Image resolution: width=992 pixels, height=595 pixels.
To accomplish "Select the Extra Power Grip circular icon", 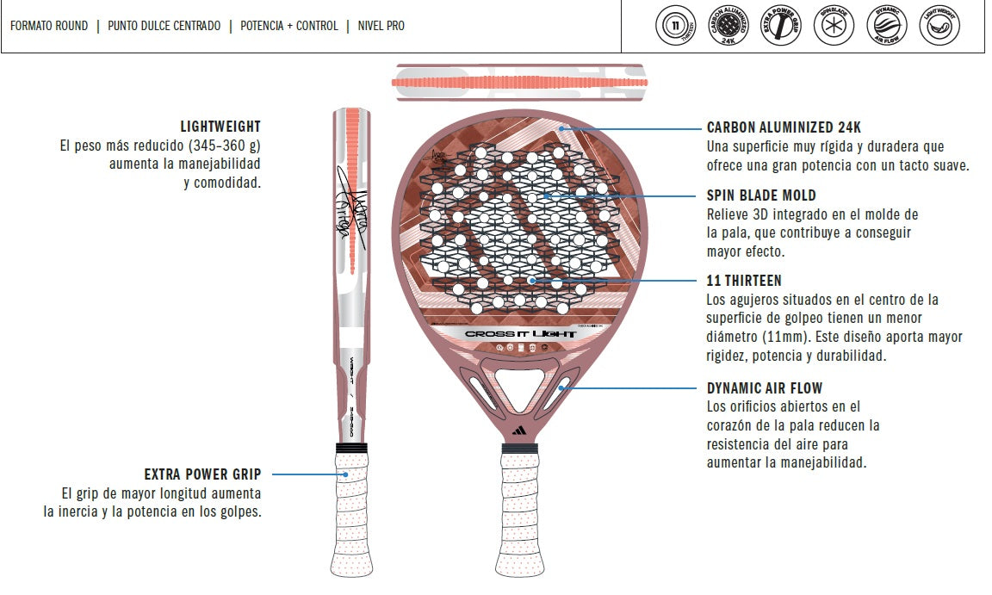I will (x=780, y=26).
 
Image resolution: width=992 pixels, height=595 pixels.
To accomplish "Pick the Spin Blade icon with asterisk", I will (x=834, y=26).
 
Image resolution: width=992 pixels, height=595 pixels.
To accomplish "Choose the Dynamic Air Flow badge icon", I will (x=886, y=26).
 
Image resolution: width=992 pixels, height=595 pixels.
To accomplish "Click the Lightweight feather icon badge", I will (x=939, y=26).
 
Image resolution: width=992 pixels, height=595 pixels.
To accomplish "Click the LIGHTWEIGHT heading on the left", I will (x=220, y=127).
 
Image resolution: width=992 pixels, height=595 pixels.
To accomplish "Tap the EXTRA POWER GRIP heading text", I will (x=202, y=474).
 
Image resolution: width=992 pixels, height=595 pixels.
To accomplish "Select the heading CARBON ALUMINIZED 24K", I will (x=783, y=127).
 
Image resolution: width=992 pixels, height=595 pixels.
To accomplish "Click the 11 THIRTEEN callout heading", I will (x=744, y=281).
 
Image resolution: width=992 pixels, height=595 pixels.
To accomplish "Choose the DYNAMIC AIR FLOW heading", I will (x=765, y=388).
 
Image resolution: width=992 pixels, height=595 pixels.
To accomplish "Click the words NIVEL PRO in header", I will (x=381, y=26).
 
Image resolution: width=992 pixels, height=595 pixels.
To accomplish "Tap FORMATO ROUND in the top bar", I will (x=49, y=26).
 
